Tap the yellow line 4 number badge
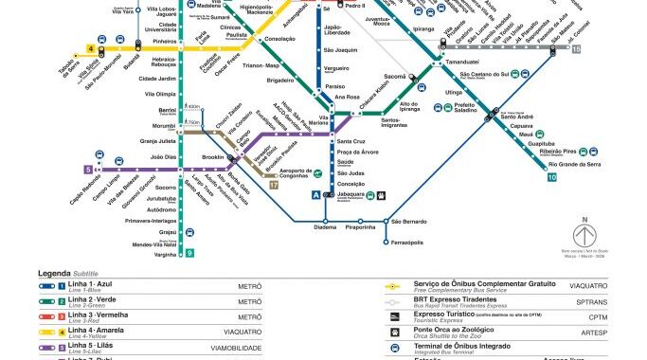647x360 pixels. click(x=91, y=47)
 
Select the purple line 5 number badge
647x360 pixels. click(x=88, y=169)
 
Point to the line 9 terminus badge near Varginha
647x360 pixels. click(x=189, y=252)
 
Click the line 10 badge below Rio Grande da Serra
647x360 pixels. click(x=551, y=176)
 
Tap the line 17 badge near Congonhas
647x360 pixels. click(x=274, y=186)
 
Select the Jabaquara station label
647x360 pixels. click(x=351, y=192)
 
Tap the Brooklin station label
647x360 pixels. click(x=213, y=157)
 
